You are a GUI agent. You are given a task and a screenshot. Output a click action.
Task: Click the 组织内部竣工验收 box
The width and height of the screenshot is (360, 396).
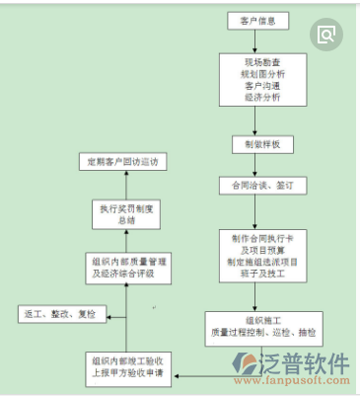tap(126, 365)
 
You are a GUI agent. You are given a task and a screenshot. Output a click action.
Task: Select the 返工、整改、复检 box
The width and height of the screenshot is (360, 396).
tap(59, 313)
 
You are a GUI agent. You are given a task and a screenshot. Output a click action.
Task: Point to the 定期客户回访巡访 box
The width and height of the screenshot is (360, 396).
tap(124, 161)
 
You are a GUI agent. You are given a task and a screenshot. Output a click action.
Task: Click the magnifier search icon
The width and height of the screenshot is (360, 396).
tap(325, 35)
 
